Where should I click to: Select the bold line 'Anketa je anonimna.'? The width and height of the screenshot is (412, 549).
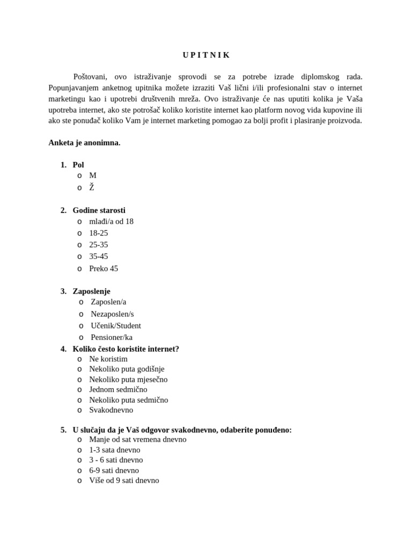click(84, 143)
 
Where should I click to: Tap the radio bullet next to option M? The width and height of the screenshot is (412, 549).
click(79, 175)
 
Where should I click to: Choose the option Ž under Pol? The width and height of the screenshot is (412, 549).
click(91, 188)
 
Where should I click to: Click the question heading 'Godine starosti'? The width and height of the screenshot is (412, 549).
click(99, 210)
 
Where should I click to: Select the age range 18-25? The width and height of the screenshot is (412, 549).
click(98, 233)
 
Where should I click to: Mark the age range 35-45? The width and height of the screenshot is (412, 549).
click(98, 256)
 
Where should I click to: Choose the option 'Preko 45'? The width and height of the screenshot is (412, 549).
click(103, 269)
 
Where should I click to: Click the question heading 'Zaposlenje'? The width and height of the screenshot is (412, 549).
click(91, 291)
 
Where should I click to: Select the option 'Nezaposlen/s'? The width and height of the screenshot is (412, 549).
click(112, 314)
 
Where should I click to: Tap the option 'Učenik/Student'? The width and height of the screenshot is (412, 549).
click(115, 325)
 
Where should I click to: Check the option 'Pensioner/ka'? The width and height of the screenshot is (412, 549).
click(111, 337)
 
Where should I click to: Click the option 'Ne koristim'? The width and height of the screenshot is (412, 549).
click(108, 359)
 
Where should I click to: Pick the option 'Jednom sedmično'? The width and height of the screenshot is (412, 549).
click(117, 389)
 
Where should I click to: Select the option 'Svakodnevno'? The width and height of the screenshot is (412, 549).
click(111, 410)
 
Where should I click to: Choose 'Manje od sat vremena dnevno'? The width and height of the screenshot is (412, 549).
click(137, 439)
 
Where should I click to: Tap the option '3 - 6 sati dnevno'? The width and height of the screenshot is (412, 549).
click(115, 460)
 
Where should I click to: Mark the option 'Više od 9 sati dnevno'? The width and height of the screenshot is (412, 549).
click(123, 480)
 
